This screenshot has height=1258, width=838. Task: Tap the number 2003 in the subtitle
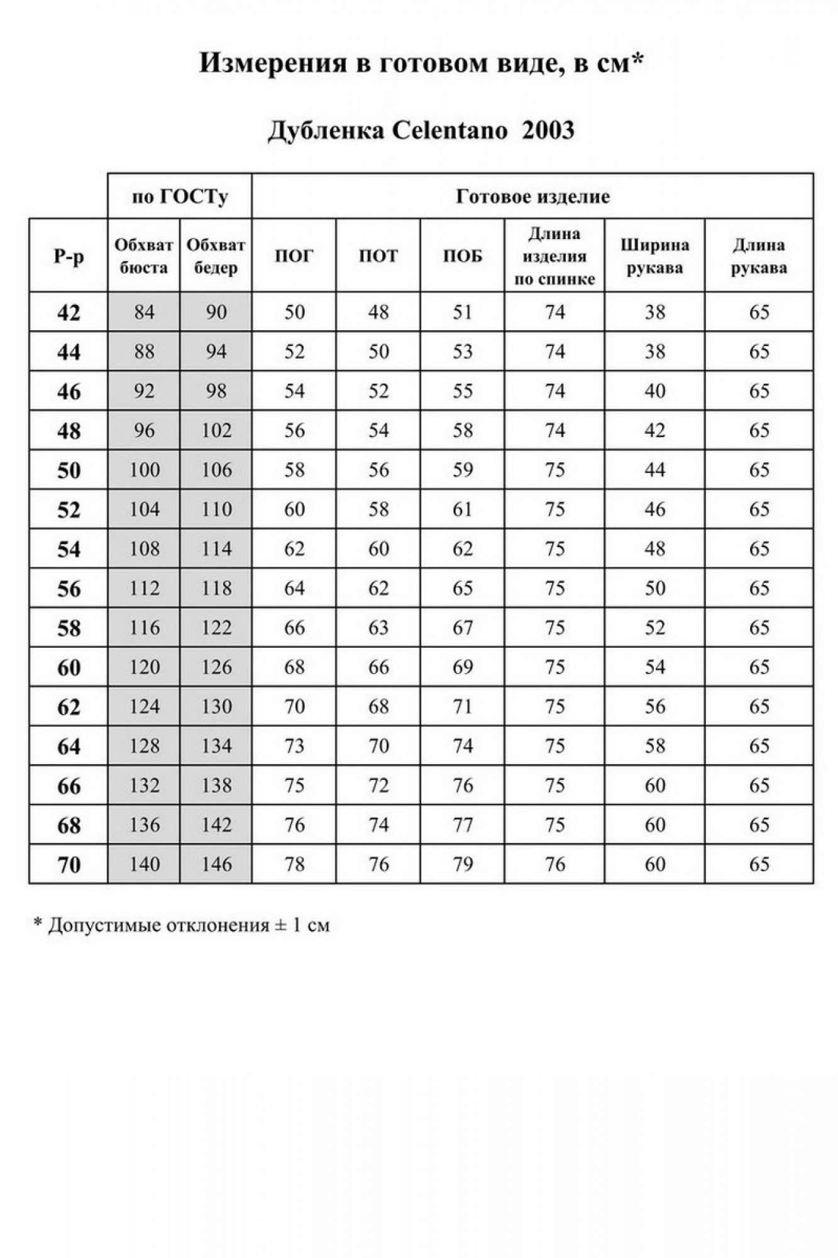pos(548,131)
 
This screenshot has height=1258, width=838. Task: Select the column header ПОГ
pos(294,256)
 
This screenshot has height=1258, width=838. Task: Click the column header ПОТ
pos(378,256)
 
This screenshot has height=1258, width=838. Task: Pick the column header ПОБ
pos(462,256)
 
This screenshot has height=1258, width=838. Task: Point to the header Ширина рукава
pos(654,256)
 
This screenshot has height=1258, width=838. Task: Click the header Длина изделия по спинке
pos(554,256)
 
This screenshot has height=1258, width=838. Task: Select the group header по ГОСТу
pos(180,197)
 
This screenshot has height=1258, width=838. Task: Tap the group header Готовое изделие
pos(532,197)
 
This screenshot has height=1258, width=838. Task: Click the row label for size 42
pos(69,313)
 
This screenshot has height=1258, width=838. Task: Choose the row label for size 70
pos(69,865)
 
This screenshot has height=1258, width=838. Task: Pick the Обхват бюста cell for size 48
pos(144,431)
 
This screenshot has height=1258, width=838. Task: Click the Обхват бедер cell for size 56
pos(216,589)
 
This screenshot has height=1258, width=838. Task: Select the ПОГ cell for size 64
pos(294,746)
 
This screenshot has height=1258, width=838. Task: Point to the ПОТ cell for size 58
pos(378,628)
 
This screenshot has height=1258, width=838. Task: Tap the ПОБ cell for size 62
pos(462,707)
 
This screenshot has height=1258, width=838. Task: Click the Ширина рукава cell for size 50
pos(654,470)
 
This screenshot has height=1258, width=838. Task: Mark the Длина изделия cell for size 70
pos(554,864)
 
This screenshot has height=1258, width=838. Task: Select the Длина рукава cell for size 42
pos(759,313)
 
